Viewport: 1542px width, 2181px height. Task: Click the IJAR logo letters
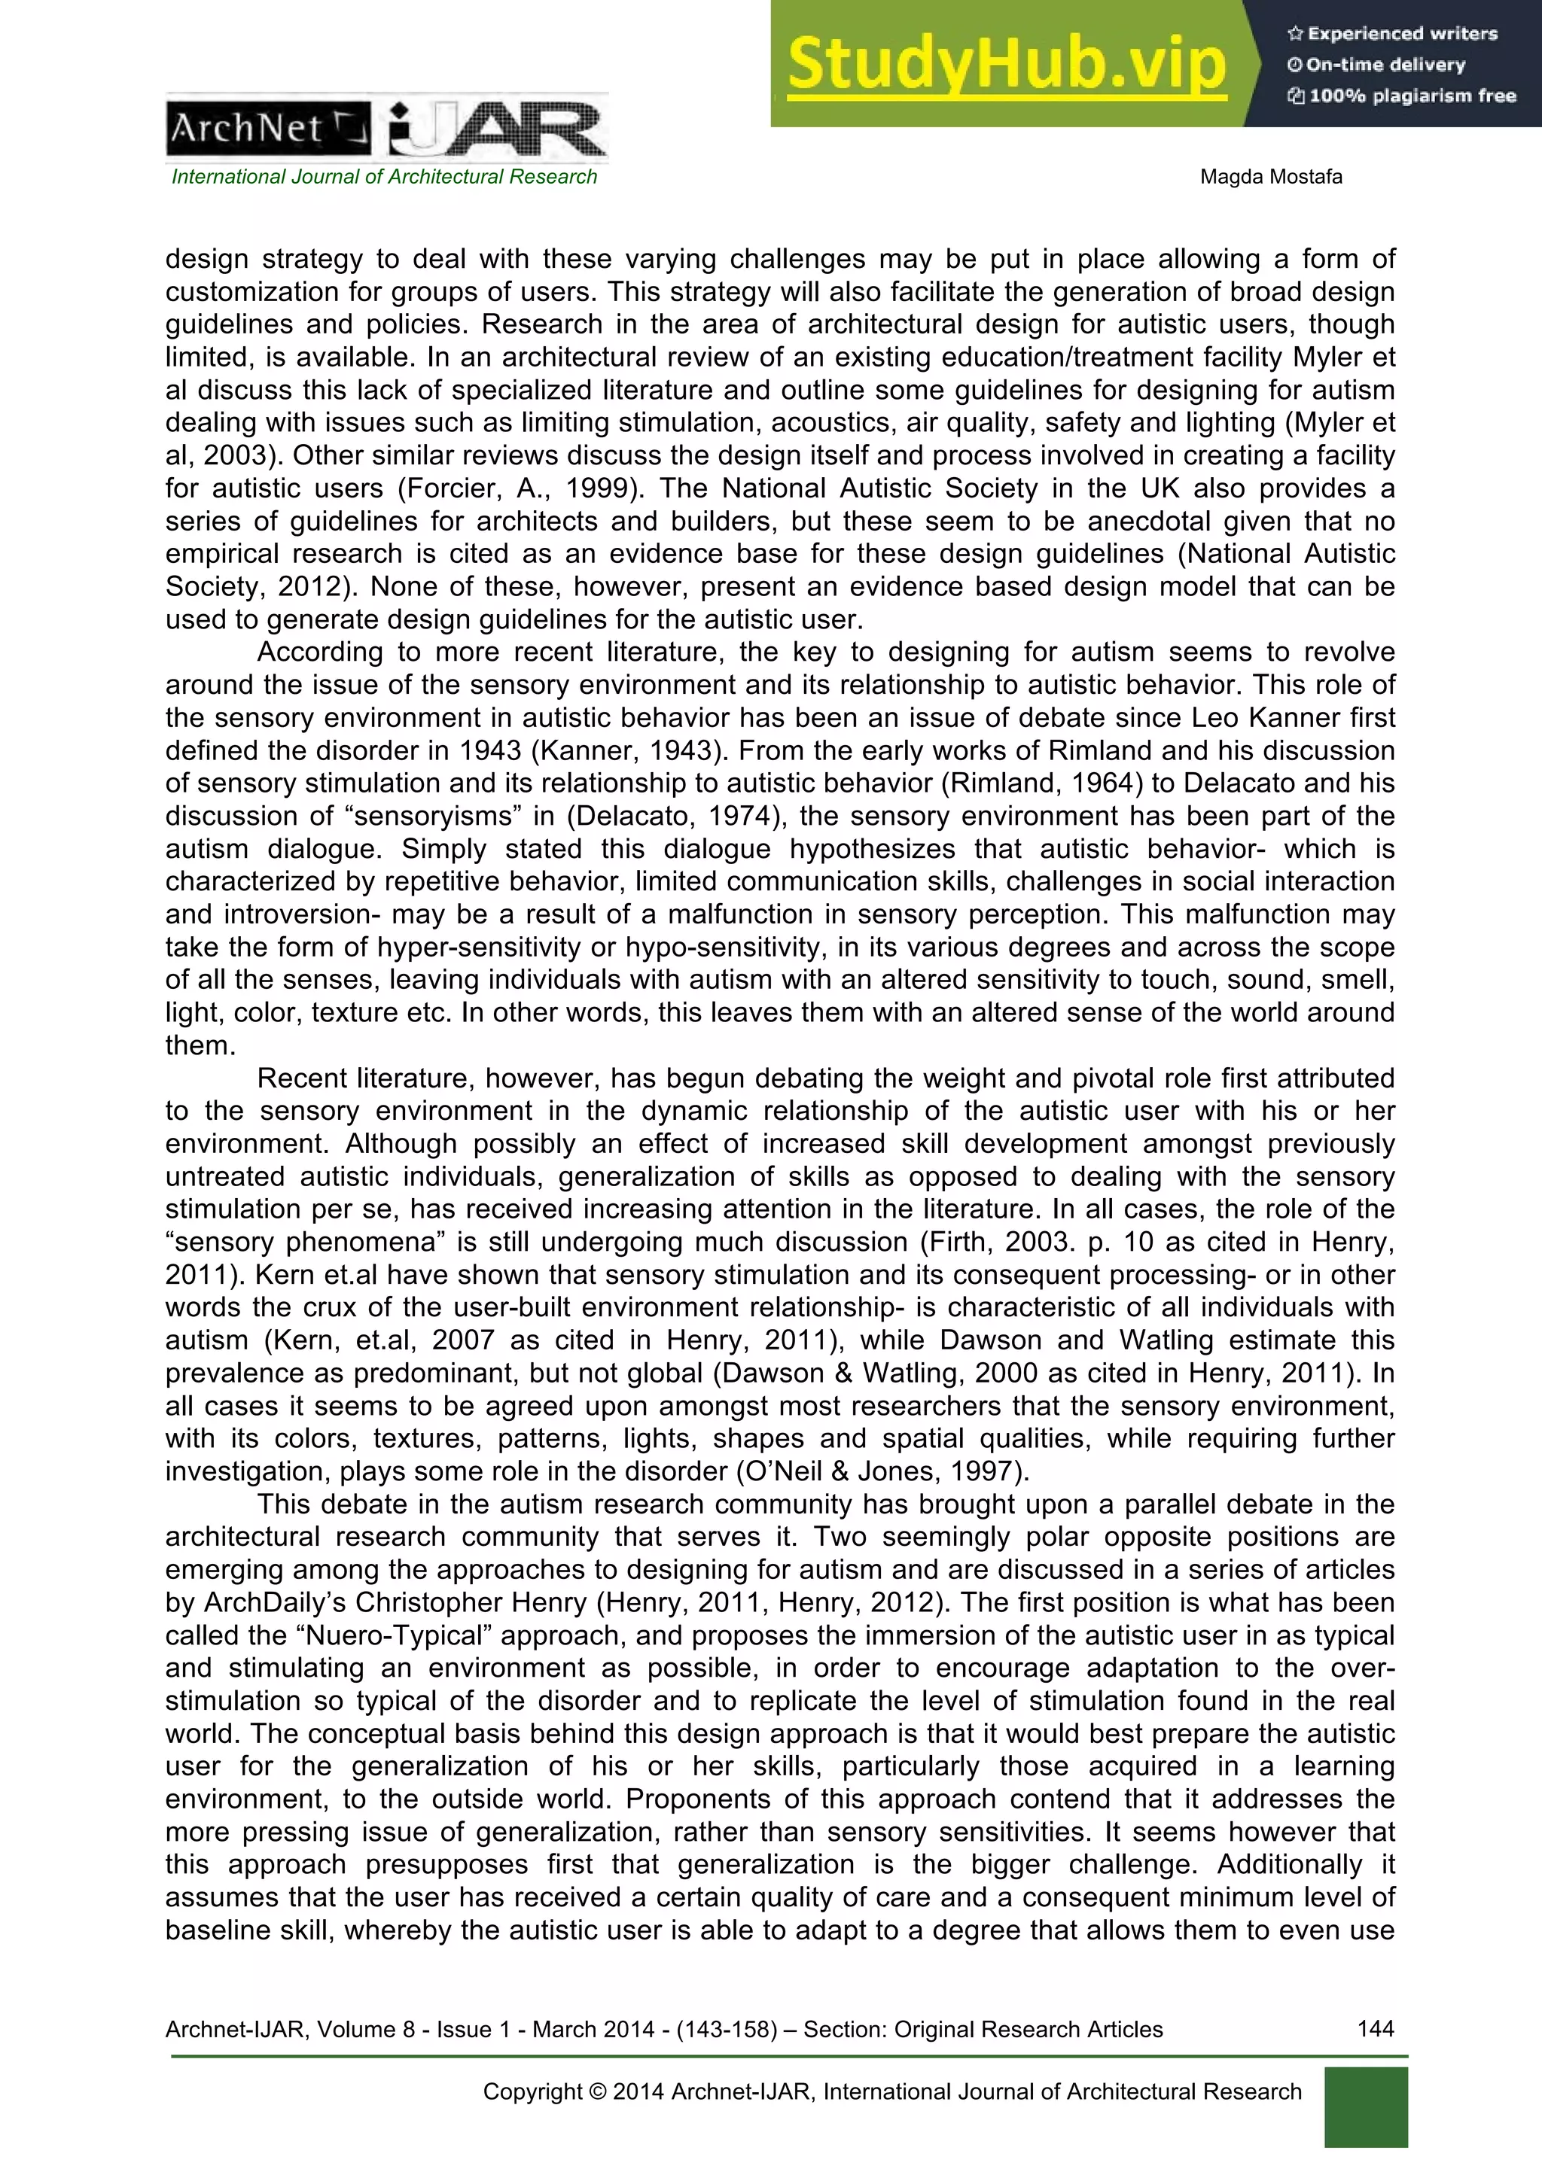[x=497, y=131]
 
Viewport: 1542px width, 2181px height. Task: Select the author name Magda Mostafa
[x=1270, y=177]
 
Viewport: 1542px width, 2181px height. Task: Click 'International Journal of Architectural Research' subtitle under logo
[x=384, y=177]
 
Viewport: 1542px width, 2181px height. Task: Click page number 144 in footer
[x=1375, y=2029]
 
